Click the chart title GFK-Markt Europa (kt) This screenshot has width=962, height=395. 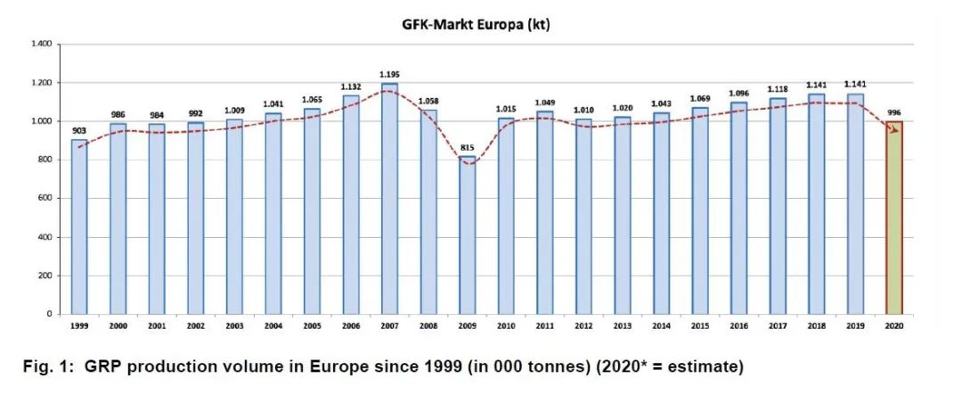click(476, 24)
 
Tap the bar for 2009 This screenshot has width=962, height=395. click(467, 235)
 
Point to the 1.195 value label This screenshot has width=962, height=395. click(389, 74)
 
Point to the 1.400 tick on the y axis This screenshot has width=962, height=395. click(40, 44)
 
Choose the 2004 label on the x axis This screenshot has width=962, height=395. click(273, 327)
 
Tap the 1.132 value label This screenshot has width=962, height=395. click(351, 86)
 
